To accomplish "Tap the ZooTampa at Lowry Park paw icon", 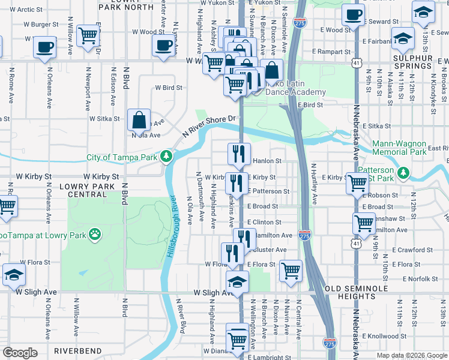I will coord(95,233).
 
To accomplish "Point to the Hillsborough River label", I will coord(170,227).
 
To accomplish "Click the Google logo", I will coord(20,353).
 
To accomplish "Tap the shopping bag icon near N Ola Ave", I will coord(139,120).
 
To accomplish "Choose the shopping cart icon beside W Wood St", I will coord(88,35).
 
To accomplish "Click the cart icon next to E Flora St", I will coord(291,271).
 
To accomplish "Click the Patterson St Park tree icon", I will coord(404,173).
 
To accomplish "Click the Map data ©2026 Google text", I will coord(411,355).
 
